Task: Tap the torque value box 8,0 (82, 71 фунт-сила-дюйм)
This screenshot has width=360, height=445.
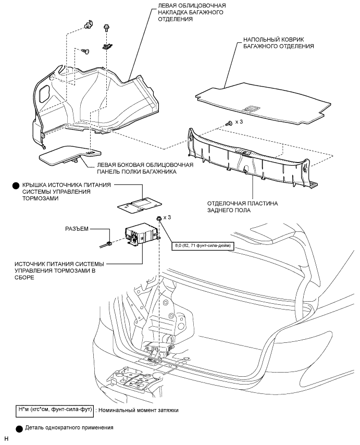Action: [x=203, y=245]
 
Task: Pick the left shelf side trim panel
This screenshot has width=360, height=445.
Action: [x=65, y=155]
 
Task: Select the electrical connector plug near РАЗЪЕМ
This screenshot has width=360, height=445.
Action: [x=108, y=243]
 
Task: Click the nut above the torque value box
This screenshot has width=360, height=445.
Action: [x=158, y=219]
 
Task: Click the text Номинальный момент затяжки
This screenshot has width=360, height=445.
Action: [x=138, y=410]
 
